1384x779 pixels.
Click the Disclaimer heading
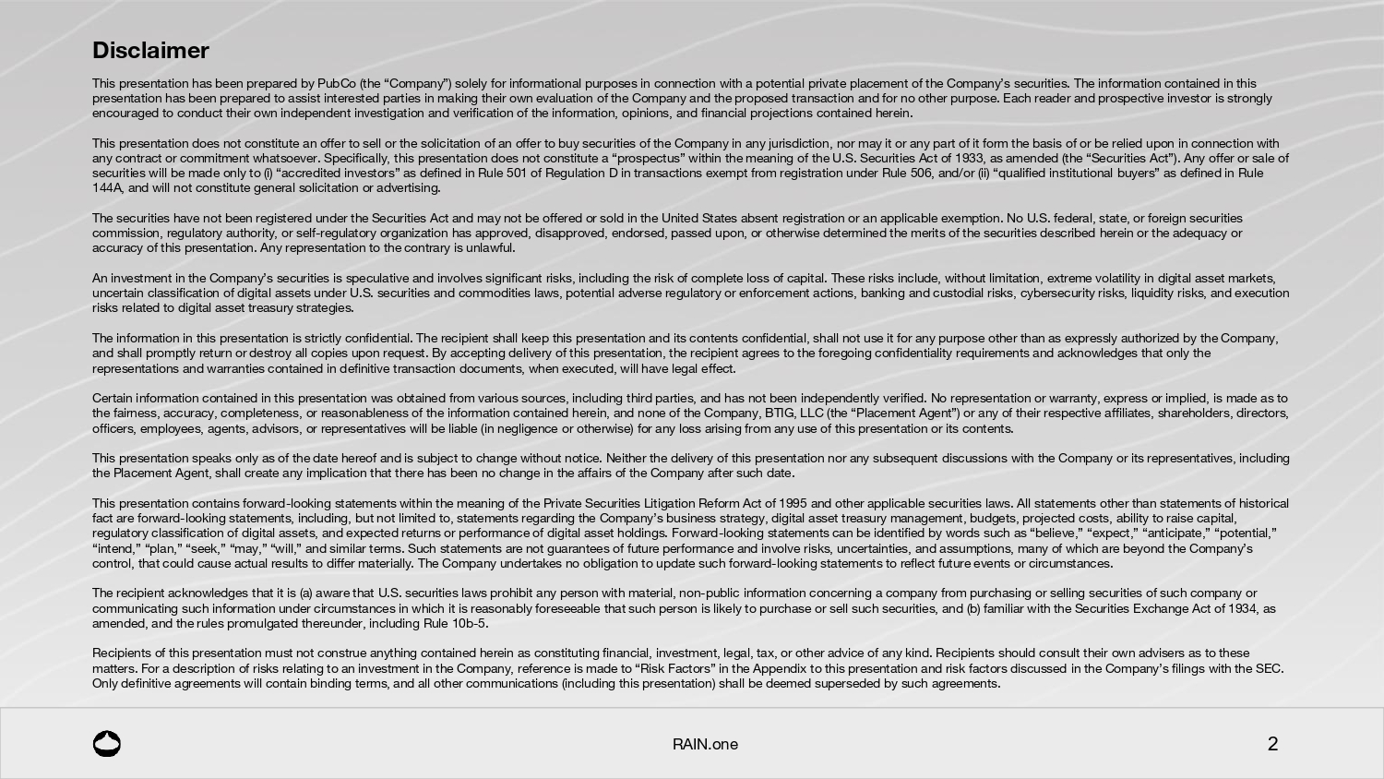150,51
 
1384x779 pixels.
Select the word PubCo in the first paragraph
336,83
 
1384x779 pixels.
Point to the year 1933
968,158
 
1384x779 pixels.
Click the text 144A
107,187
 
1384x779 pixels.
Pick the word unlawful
491,247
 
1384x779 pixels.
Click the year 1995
793,503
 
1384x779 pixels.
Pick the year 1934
1243,608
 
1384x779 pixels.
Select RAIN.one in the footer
705,744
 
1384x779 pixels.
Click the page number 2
1272,744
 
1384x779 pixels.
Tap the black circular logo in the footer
107,744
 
